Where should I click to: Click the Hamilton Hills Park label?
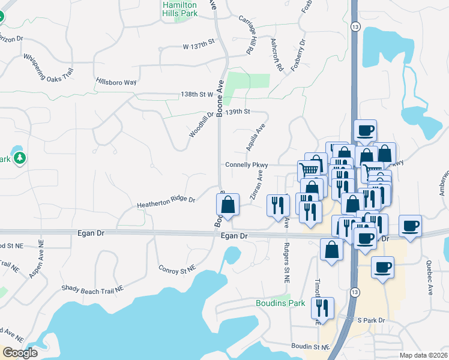pyautogui.click(x=179, y=9)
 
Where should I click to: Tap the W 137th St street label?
pyautogui.click(x=199, y=46)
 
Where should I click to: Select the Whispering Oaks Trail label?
pyautogui.click(x=49, y=65)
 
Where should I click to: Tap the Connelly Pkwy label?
pyautogui.click(x=243, y=165)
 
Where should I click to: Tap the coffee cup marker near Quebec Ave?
pyautogui.click(x=410, y=226)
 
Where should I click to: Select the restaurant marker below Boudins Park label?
pyautogui.click(x=324, y=308)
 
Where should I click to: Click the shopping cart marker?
pyautogui.click(x=309, y=169)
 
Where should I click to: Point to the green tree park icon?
pyautogui.click(x=20, y=158)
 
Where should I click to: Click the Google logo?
pyautogui.click(x=20, y=353)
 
